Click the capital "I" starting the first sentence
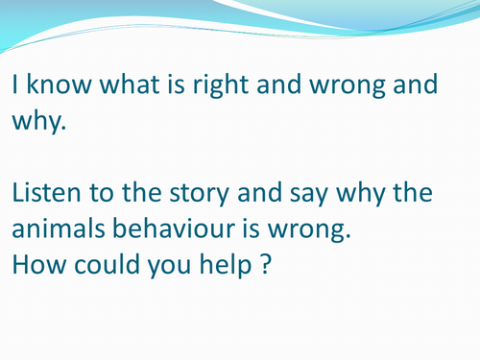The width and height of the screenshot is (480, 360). pyautogui.click(x=15, y=85)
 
